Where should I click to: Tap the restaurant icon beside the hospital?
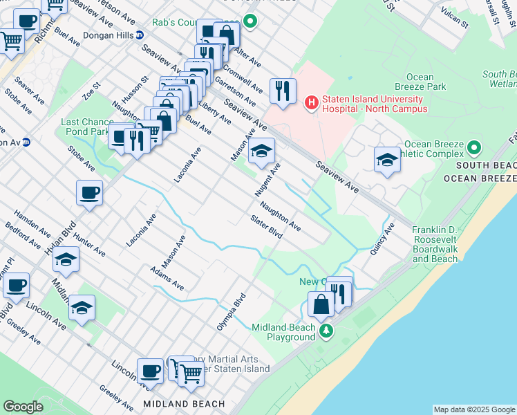[x=283, y=91]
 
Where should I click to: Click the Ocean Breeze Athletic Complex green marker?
[x=473, y=147]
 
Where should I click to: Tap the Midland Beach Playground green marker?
[x=327, y=332]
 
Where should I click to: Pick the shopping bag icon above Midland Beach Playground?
[x=321, y=304]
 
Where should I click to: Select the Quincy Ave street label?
[x=382, y=239]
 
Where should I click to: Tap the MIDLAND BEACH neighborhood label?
[x=184, y=404]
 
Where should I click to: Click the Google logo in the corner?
[x=23, y=407]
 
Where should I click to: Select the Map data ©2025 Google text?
[x=474, y=409]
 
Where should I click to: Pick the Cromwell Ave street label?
[x=247, y=80]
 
